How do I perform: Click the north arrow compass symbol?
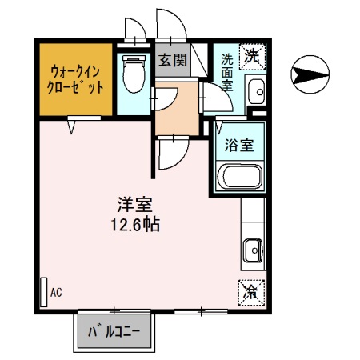[310, 75]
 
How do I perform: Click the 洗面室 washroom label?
[227, 71]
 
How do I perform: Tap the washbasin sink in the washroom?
[257, 93]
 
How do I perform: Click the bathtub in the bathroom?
[239, 177]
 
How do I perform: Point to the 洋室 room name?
[134, 204]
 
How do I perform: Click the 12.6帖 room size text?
[134, 225]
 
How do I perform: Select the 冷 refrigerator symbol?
[252, 291]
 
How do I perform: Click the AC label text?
[56, 293]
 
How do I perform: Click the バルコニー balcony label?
[114, 330]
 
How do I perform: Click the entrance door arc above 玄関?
[170, 24]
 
